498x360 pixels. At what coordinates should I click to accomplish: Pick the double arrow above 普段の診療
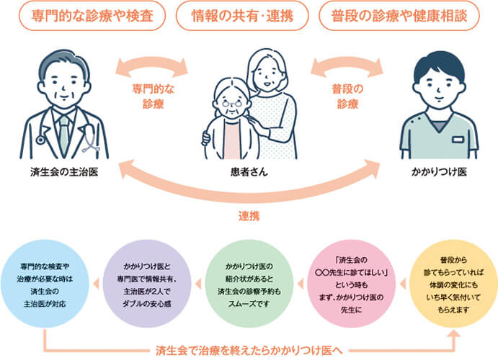(347, 69)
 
